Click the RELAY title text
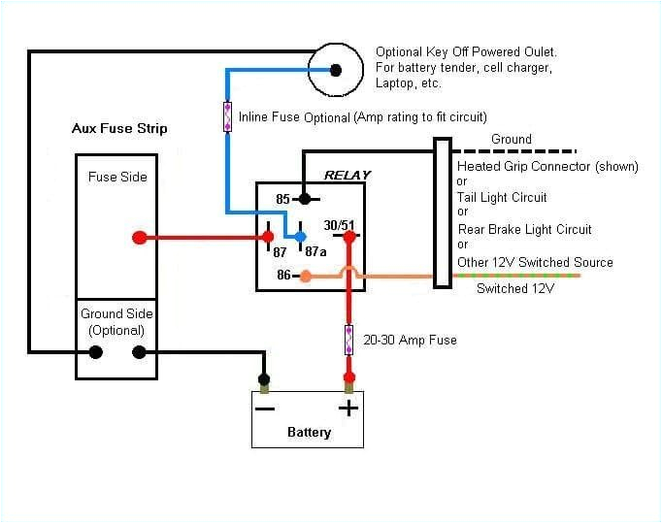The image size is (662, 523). click(347, 176)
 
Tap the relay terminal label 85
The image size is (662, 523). click(283, 199)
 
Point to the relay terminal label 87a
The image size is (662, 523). click(315, 251)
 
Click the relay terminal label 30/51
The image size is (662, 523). click(339, 225)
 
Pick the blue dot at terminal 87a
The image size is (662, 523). click(301, 237)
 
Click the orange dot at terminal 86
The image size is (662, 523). click(306, 277)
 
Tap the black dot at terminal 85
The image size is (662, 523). click(304, 199)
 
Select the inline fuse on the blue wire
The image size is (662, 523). click(228, 116)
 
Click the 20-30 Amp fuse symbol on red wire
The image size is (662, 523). click(348, 340)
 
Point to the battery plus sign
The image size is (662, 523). click(348, 408)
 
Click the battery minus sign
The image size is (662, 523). click(264, 408)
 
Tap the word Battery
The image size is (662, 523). click(309, 433)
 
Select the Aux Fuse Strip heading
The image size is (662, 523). click(119, 128)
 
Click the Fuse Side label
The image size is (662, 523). click(117, 177)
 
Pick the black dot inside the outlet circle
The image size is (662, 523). click(336, 70)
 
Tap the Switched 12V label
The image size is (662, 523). click(514, 289)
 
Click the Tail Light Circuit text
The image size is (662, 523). click(502, 197)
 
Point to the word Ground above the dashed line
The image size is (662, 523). click(511, 139)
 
